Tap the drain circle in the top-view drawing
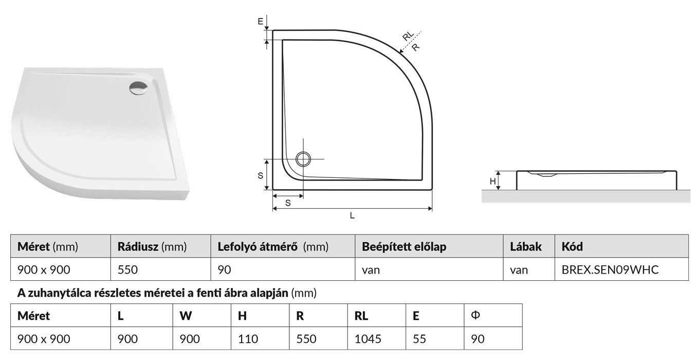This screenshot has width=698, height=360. (303, 159)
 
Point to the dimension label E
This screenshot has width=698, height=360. (261, 22)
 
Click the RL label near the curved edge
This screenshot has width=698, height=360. (408, 36)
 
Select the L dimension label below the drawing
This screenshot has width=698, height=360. (352, 216)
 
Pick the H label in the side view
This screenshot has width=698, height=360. (492, 181)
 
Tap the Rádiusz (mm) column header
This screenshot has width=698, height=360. (152, 247)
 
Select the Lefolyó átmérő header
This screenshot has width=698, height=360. (273, 247)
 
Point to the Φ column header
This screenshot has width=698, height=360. (475, 315)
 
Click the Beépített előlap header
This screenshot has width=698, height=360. (404, 247)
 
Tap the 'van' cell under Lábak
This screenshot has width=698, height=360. (519, 269)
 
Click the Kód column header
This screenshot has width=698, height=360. (573, 247)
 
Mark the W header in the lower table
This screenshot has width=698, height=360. (186, 316)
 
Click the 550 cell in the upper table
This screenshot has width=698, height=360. (127, 269)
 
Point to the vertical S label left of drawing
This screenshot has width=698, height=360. (261, 175)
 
